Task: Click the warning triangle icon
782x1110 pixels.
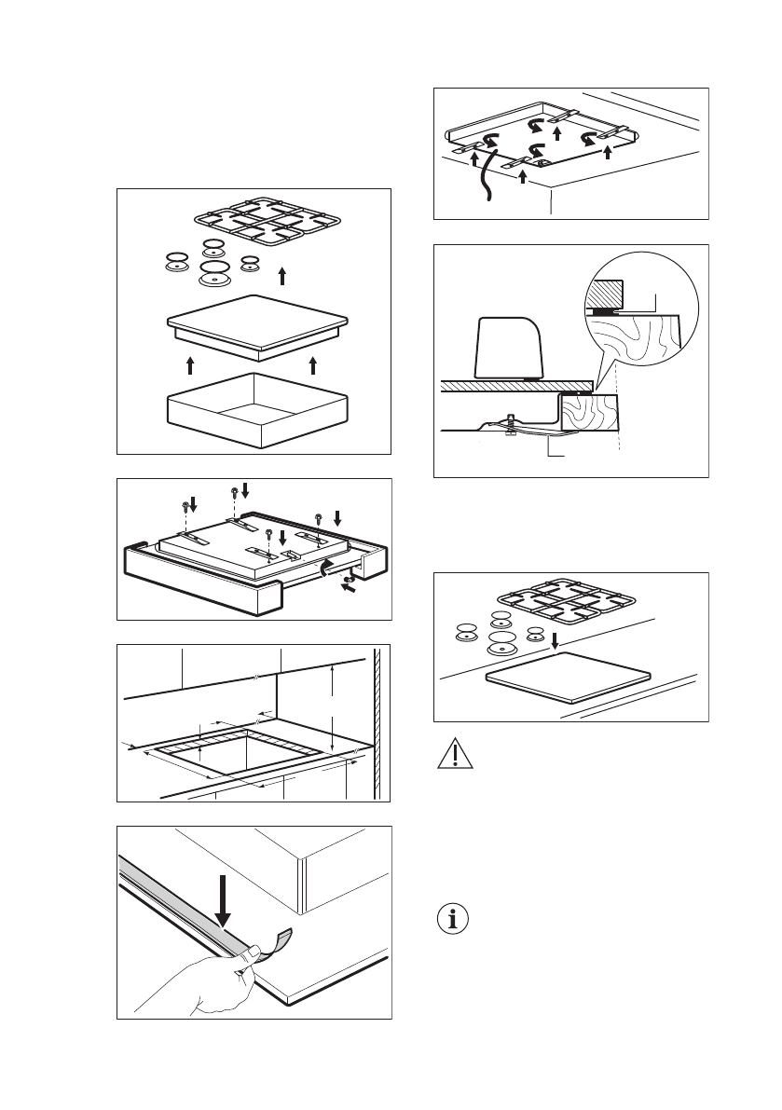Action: point(453,753)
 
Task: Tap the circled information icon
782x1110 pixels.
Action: point(453,919)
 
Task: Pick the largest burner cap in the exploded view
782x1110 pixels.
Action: point(217,273)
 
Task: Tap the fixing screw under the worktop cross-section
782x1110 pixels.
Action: point(510,425)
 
